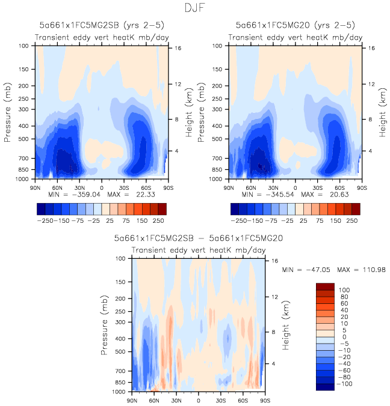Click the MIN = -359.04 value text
coord(70,195)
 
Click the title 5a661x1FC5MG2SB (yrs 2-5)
coord(101,26)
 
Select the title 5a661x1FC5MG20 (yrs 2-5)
coord(295,26)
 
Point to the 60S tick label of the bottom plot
coord(243,399)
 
